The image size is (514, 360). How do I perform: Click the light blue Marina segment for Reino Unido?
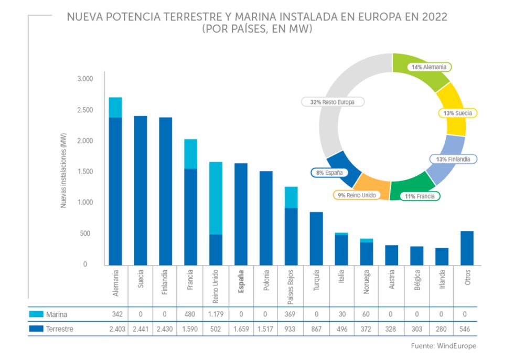click(216, 198)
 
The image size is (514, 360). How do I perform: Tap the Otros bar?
click(467, 248)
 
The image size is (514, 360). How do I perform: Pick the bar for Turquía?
click(316, 238)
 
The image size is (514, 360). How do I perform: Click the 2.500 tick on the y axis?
click(84, 110)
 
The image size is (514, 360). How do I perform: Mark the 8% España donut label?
click(329, 172)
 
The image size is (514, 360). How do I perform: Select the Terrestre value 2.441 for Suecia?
click(141, 329)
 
